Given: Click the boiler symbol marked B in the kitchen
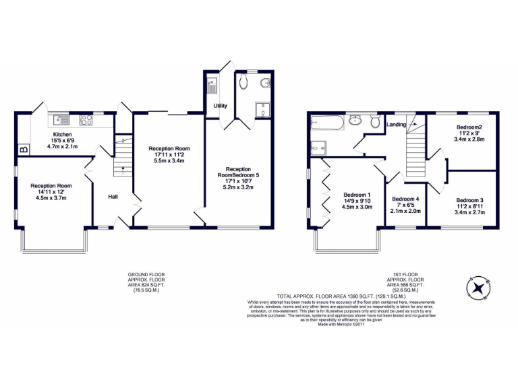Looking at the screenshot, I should coord(23,150).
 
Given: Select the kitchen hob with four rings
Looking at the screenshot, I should coord(86,121).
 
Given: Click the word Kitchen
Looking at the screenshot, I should coord(63,135).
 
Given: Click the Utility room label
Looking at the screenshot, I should coord(220,106).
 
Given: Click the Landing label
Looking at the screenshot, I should coord(396,125).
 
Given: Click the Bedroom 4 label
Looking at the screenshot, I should coord(406,199).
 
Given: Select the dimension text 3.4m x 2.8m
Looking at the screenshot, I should coord(469,139).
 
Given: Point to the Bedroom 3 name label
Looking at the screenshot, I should coord(469,200).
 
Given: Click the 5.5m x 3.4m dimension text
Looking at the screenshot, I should coord(169,161).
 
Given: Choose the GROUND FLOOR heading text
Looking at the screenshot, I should coord(146,275).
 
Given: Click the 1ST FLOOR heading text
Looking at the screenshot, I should coord(406,275).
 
